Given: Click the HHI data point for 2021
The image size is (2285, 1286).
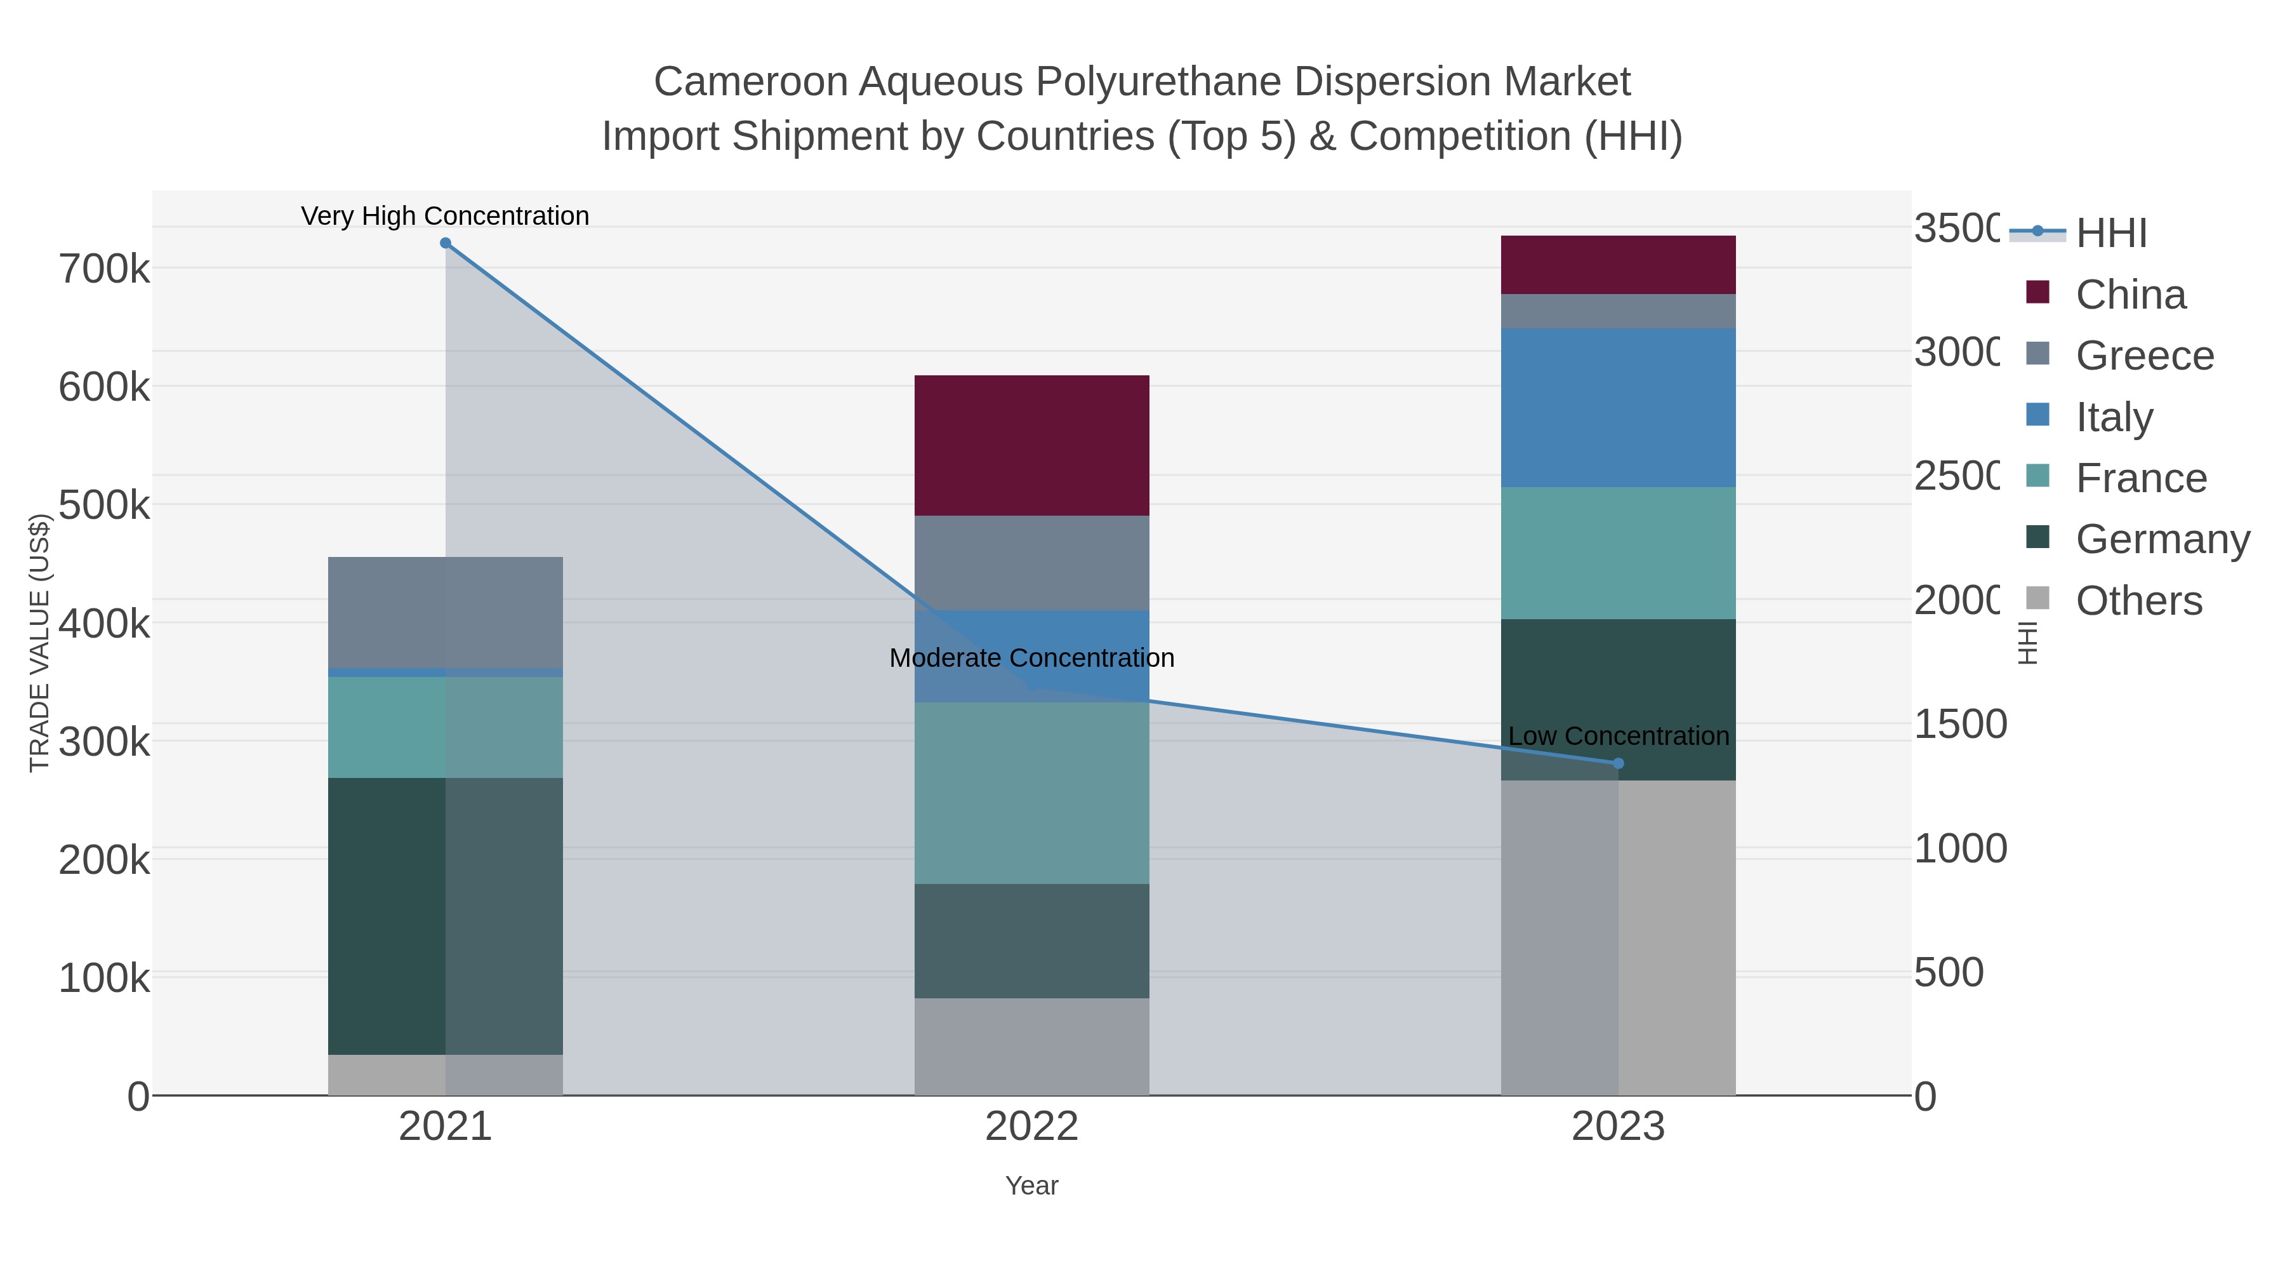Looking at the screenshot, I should pos(446,243).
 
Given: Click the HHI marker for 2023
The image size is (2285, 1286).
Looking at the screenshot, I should pos(1618,763).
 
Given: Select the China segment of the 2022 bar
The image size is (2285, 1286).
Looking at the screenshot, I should pos(1031,446).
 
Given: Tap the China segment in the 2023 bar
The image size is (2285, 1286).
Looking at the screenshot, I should pos(1618,264).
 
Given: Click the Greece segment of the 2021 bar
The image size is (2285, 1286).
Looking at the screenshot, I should pos(446,612).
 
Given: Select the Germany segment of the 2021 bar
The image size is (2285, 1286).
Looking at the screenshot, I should pos(446,916).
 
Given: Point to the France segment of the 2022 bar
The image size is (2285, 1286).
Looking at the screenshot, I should pos(1031,793).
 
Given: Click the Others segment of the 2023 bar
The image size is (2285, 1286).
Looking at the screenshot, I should pos(1618,937).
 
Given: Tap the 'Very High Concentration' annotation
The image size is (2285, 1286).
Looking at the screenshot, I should pos(446,216).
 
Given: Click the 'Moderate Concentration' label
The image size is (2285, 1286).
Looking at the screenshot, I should pos(1031,658).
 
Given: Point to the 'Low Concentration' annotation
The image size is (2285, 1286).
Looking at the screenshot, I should pos(1618,736).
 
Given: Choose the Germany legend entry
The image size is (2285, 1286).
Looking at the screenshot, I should pos(2162,539).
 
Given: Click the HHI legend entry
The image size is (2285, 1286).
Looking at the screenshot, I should pos(2111,232).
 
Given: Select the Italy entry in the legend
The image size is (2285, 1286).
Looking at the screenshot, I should pos(2114,416).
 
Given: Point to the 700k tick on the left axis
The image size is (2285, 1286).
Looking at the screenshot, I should pos(104,268).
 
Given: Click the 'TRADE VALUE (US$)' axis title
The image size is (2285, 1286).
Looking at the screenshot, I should pos(39,643).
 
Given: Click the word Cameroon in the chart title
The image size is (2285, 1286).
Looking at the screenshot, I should pos(750,82).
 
